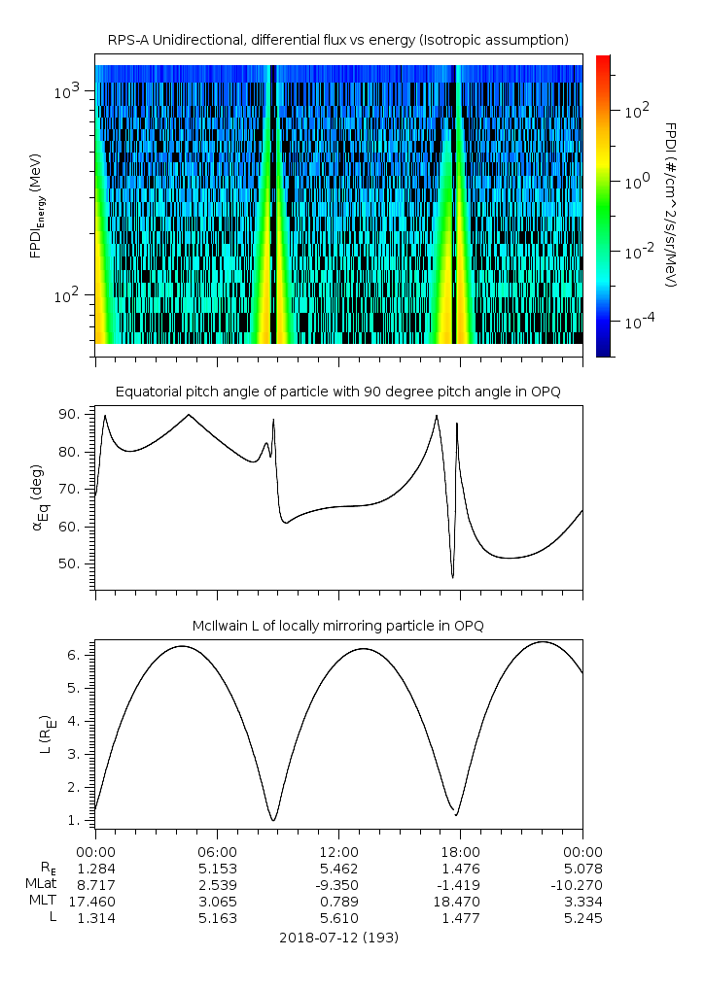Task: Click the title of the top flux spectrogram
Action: [337, 40]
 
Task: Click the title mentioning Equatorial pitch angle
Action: [337, 392]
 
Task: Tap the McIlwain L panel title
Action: [337, 626]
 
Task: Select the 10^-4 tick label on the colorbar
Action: [637, 321]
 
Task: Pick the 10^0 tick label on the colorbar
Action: [634, 181]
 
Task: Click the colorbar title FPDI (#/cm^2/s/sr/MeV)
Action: [670, 204]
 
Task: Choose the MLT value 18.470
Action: [460, 902]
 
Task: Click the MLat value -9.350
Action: [338, 885]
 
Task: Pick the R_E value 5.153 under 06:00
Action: [217, 869]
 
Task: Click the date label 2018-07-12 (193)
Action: [338, 938]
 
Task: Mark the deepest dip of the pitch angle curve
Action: [452, 578]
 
